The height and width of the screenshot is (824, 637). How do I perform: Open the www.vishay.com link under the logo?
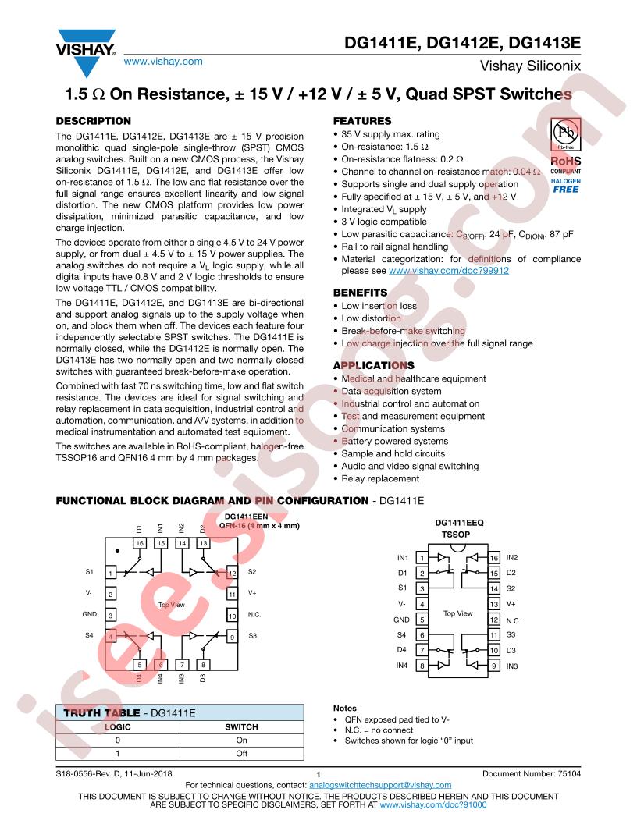click(163, 62)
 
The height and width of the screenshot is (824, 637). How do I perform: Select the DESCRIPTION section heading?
click(94, 121)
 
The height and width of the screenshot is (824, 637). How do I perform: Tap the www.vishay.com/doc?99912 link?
click(449, 271)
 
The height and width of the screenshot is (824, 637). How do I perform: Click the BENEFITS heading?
click(360, 293)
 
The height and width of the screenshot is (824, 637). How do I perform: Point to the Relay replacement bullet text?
click(380, 479)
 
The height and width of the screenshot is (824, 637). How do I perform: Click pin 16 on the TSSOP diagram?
click(494, 558)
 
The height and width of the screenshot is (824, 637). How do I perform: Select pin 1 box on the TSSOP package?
click(422, 558)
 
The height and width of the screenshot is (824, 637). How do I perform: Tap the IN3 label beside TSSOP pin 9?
click(512, 666)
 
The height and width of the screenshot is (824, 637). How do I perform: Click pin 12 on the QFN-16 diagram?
click(233, 574)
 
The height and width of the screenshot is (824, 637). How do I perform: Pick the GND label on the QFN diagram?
click(89, 614)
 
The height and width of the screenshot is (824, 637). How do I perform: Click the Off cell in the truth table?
click(242, 754)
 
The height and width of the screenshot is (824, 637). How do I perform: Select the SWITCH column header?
click(242, 727)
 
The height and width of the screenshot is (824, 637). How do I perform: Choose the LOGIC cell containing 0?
click(118, 741)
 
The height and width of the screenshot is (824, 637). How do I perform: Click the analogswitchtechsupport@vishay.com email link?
click(380, 785)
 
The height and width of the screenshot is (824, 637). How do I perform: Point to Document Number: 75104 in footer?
click(532, 773)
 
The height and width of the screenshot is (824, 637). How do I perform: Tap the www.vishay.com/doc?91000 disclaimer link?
click(433, 804)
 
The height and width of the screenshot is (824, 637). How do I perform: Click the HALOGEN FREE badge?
click(565, 186)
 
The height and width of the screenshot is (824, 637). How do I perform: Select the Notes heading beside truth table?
click(345, 709)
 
